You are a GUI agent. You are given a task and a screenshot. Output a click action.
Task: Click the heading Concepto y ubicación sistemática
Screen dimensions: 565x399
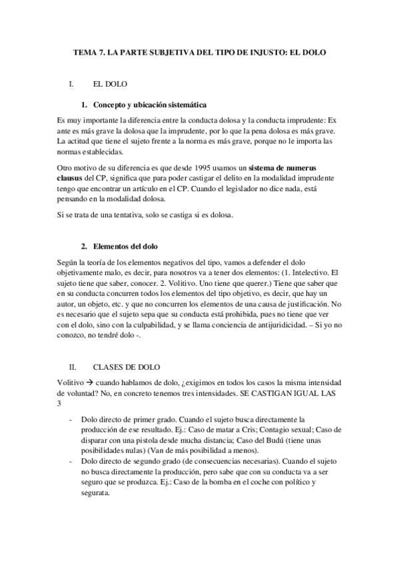click(150, 105)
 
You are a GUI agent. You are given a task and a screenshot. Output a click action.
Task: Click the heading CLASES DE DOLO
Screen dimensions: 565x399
click(127, 367)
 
